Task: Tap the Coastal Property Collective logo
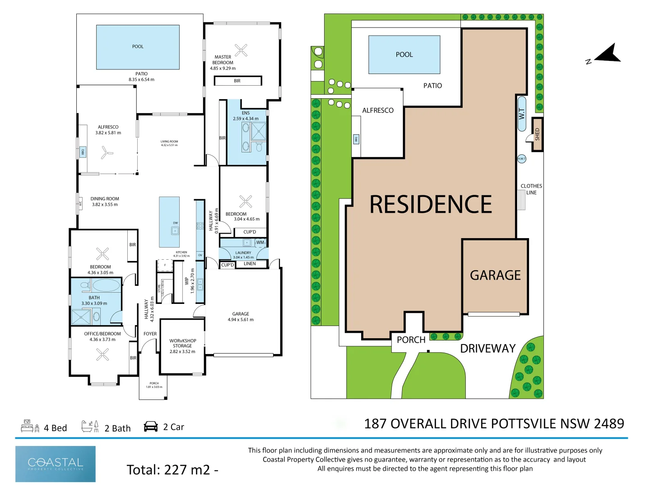56,464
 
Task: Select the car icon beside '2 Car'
151,427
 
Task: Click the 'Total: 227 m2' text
168,470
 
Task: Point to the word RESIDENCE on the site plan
431,204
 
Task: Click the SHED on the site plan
537,134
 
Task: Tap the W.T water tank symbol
522,114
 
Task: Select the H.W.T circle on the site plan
521,159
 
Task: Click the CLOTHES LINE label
531,189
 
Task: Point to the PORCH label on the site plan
411,340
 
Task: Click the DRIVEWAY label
487,349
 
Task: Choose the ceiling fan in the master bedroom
241,50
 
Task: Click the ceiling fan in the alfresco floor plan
106,152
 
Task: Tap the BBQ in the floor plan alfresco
83,152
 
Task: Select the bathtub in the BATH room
106,285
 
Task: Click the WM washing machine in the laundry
260,243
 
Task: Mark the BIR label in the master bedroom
237,81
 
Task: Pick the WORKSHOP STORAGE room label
182,346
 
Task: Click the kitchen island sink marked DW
175,230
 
